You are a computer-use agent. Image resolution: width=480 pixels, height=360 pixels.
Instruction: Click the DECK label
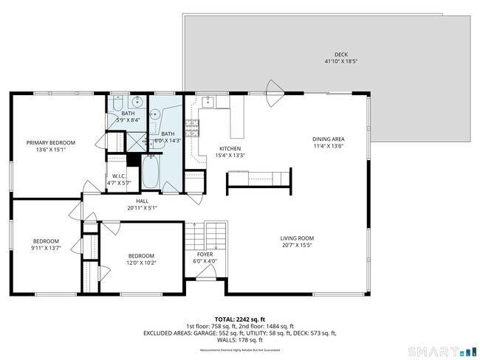340,55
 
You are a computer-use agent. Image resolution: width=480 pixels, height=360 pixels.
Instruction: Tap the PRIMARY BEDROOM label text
50,142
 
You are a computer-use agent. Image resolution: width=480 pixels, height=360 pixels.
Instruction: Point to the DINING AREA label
329,139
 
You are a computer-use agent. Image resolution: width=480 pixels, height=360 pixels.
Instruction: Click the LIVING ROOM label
297,238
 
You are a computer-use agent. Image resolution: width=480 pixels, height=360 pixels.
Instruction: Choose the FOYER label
204,254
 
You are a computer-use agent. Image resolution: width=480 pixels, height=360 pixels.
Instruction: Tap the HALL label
142,201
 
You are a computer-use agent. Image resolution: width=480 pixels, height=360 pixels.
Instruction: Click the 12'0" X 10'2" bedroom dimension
141,263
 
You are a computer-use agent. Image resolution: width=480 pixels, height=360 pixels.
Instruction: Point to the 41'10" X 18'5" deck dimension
340,62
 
